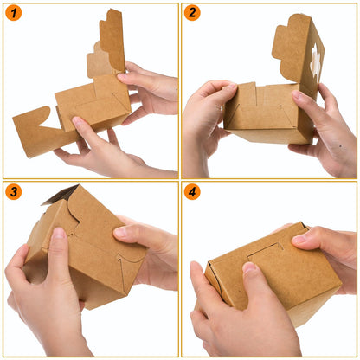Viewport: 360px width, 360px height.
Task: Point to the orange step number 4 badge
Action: tap(192, 192)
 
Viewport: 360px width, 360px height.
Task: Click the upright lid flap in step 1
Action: tap(112, 39)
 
